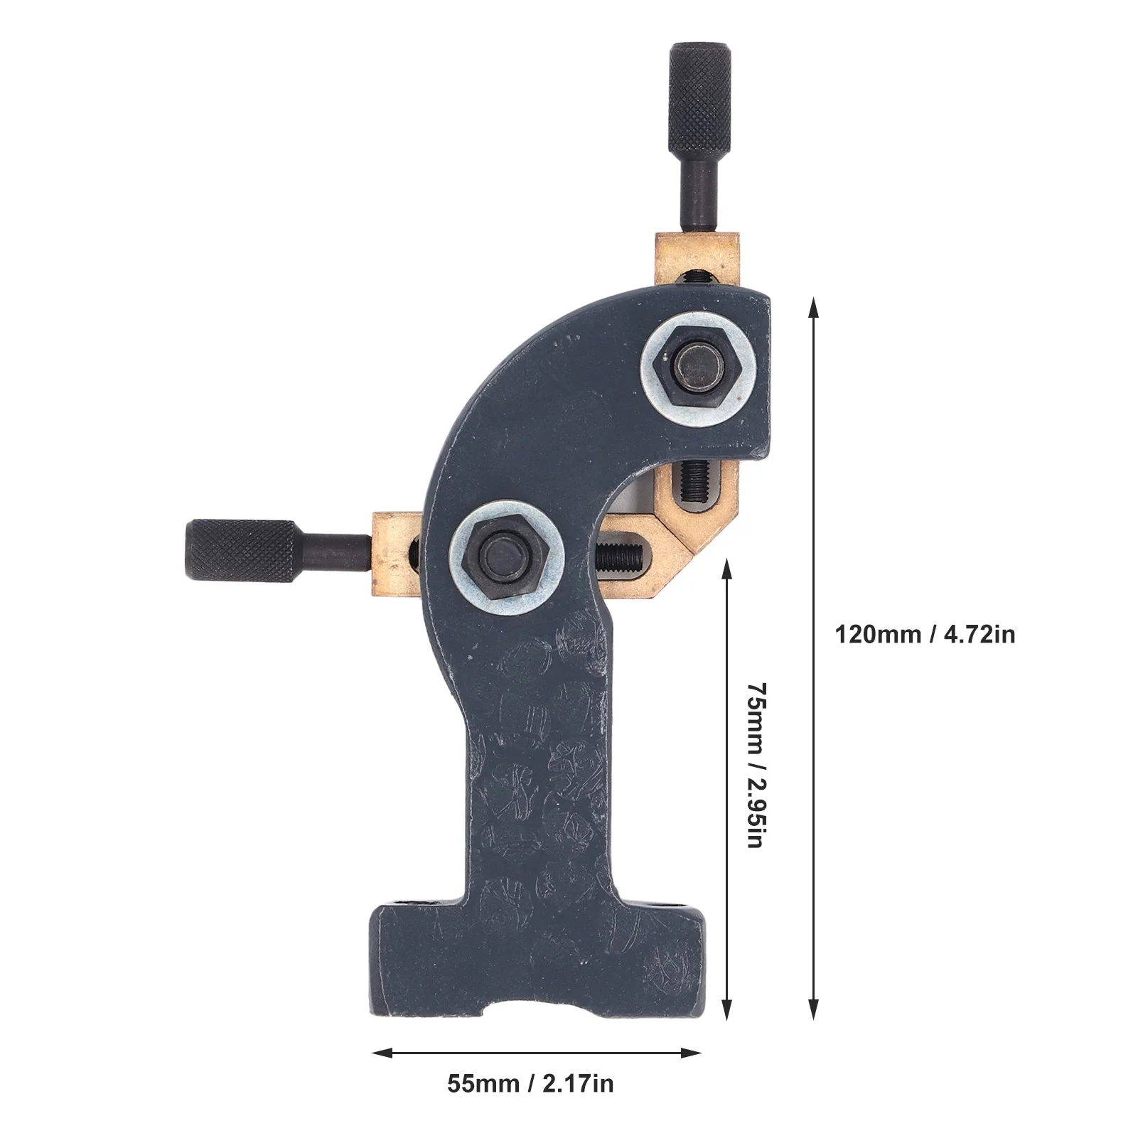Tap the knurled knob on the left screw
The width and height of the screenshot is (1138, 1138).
point(240,550)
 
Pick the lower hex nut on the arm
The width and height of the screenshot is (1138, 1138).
point(507,556)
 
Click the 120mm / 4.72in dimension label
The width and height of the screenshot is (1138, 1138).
point(925,634)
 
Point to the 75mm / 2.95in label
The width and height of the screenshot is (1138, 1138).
point(756,765)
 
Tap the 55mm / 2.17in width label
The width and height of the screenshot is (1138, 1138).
point(530,1083)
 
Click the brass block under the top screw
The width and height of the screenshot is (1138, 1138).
point(698,256)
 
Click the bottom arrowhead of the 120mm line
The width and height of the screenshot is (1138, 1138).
point(814,1010)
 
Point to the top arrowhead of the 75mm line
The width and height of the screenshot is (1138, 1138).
point(726,567)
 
